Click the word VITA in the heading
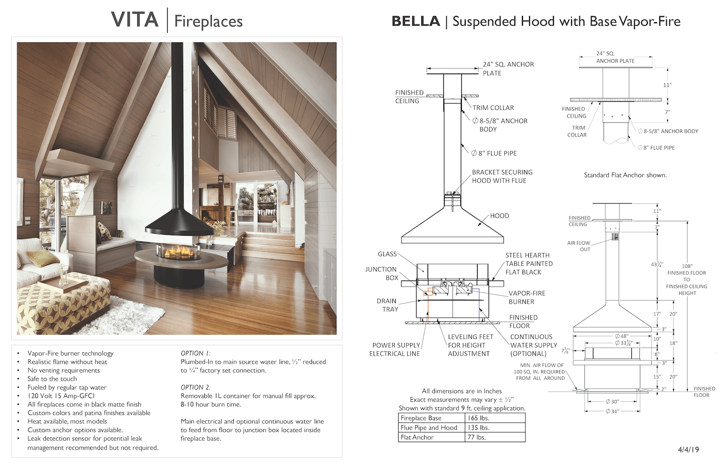point(135,20)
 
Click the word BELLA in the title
point(415,21)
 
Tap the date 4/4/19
point(688,450)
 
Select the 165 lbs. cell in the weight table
point(478,418)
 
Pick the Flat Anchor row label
point(417,437)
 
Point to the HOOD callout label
point(499,215)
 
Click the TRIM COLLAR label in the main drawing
point(493,108)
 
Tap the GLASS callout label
point(388,254)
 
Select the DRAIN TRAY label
point(388,305)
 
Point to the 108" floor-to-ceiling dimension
point(687,266)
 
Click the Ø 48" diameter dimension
point(622,336)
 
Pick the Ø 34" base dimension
point(612,412)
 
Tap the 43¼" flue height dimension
point(657,264)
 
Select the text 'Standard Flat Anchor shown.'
point(625,175)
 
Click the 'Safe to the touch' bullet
point(52,379)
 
